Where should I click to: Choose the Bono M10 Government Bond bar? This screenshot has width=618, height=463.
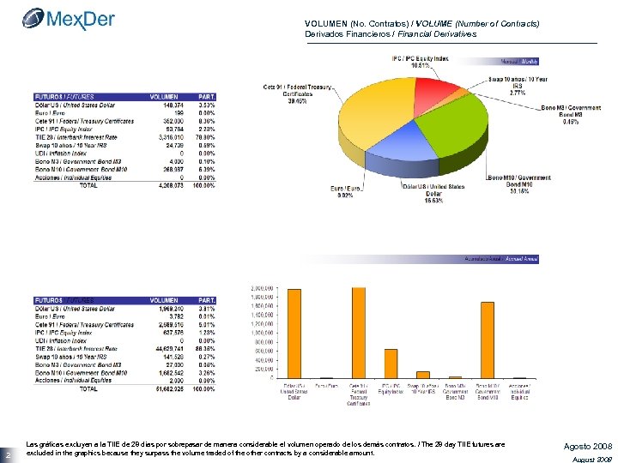pos(488,340)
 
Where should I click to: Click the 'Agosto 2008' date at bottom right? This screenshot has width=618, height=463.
pos(588,446)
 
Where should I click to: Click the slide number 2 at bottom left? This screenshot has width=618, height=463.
pos(7,454)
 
